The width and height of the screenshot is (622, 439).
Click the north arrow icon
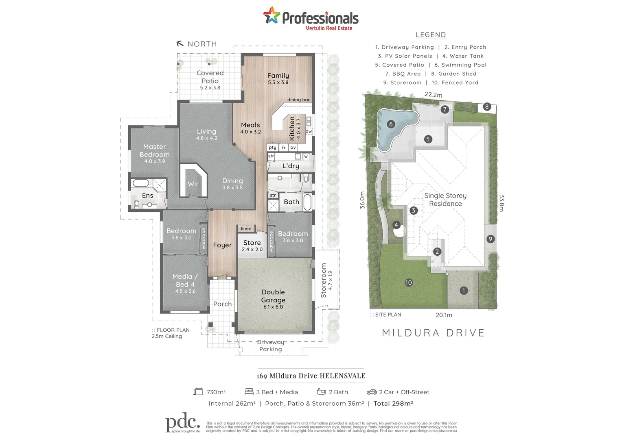180,43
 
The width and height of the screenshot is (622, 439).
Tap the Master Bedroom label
155,151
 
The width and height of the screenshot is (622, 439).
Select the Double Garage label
273,296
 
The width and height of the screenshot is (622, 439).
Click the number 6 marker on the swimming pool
391,124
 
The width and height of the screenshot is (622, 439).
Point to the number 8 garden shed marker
487,107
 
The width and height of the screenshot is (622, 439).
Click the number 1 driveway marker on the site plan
463,290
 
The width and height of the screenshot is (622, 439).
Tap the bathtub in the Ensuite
141,183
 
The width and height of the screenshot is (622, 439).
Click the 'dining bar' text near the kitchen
298,100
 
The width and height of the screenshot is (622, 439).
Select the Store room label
252,243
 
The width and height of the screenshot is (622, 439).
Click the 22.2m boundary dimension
433,95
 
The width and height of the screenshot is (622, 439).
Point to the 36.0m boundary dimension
362,200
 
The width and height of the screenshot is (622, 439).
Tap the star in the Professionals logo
272,15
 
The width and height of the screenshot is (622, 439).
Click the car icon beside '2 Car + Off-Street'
372,392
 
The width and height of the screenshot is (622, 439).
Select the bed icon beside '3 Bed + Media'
249,391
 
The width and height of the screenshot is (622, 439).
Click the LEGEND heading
431,35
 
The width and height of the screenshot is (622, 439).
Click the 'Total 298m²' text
393,403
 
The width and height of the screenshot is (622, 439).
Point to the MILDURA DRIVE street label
433,333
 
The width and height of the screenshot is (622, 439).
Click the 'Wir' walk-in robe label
193,184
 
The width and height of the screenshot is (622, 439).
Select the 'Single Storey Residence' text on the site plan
445,200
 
